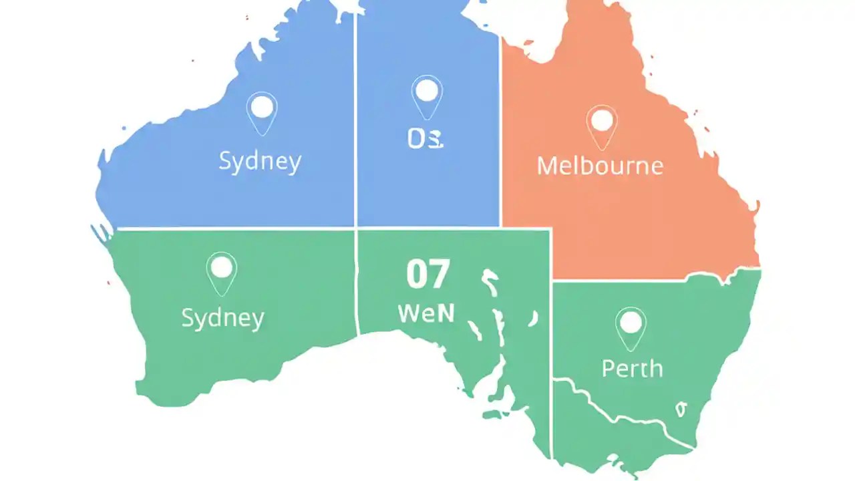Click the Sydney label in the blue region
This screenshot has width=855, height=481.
pyautogui.click(x=260, y=162)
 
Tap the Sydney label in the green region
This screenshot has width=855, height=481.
pyautogui.click(x=222, y=317)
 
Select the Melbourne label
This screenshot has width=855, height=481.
pyautogui.click(x=600, y=165)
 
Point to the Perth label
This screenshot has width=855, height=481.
pyautogui.click(x=632, y=368)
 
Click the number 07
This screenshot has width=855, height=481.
pyautogui.click(x=428, y=275)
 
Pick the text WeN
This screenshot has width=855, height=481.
pyautogui.click(x=426, y=313)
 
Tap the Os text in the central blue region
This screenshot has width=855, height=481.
pyautogui.click(x=425, y=139)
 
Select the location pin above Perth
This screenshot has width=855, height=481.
pyautogui.click(x=631, y=324)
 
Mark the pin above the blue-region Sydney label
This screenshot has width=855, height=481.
pyautogui.click(x=262, y=109)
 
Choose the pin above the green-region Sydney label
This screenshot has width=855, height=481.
pyautogui.click(x=221, y=269)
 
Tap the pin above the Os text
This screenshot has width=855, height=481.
pyautogui.click(x=427, y=92)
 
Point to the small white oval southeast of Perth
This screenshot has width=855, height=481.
pyautogui.click(x=681, y=409)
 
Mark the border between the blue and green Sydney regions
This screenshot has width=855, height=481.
pyautogui.click(x=234, y=228)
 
